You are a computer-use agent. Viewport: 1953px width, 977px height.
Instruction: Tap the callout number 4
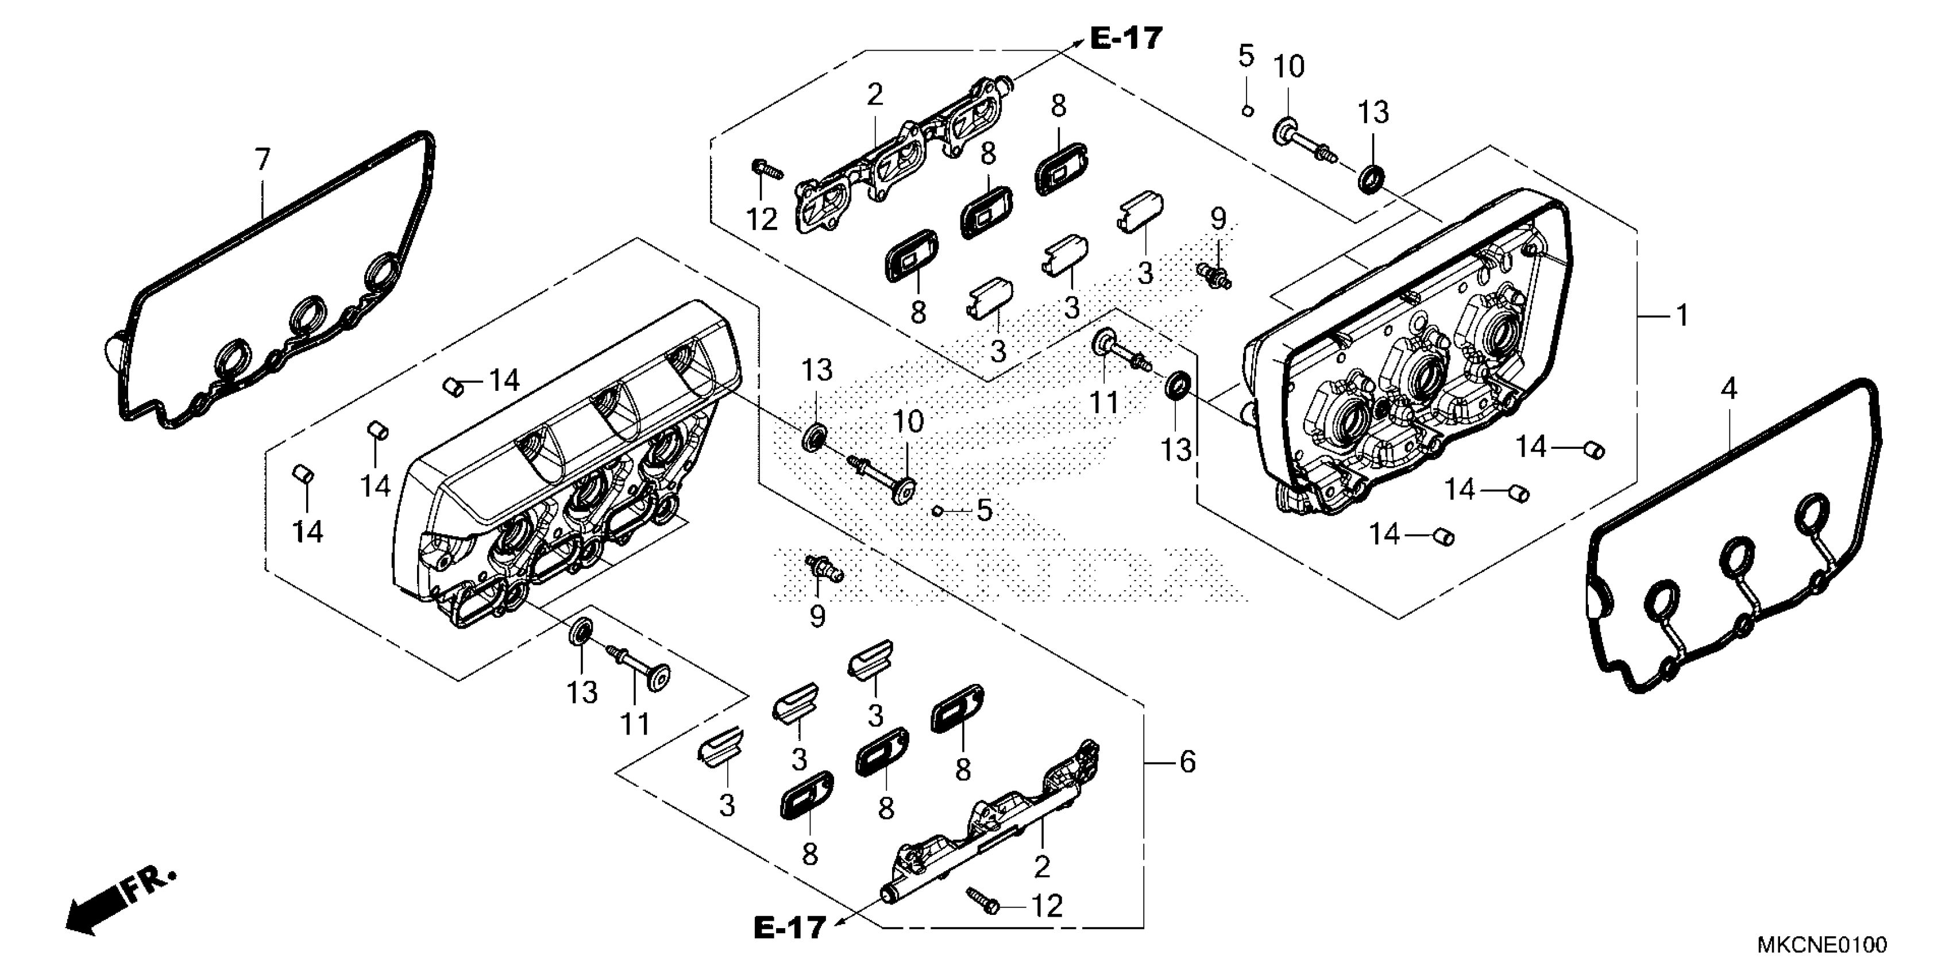1728,389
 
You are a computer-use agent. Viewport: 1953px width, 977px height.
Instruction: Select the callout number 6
1187,761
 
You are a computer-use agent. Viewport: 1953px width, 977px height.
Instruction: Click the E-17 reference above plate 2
1126,37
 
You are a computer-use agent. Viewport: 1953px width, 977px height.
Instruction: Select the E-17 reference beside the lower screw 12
789,927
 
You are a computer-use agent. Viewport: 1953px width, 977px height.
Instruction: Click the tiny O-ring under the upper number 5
1246,112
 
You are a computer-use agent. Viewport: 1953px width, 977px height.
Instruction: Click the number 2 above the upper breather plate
875,95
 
